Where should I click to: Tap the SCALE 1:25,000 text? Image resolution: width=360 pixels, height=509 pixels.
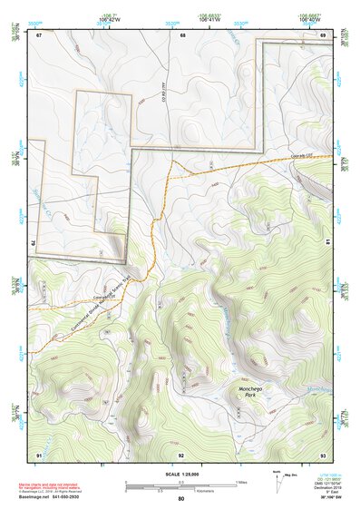coord(181,473)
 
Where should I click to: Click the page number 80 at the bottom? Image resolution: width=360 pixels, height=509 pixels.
coord(181,499)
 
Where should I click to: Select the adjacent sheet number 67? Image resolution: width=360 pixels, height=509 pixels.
coord(39,35)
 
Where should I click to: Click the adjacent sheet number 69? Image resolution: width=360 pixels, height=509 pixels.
coord(323,35)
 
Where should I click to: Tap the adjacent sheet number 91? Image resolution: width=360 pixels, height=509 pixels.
coord(39,454)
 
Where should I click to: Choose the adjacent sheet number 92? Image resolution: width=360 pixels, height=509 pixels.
coord(181,454)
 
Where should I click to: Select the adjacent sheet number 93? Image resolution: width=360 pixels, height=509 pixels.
coord(323,454)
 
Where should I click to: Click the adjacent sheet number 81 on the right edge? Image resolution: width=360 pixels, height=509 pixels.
coord(326,242)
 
